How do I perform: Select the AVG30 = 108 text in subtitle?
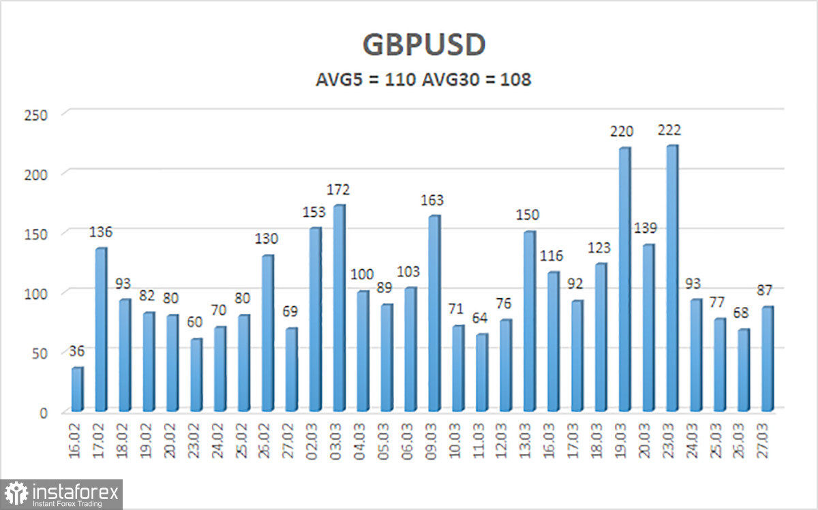(x=477, y=80)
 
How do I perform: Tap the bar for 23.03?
(x=671, y=279)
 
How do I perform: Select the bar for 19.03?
(x=624, y=280)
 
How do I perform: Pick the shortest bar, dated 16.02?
(x=78, y=389)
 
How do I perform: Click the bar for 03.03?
(x=339, y=308)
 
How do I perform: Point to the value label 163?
(x=433, y=200)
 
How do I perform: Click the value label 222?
(x=669, y=130)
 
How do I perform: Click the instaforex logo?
(x=61, y=494)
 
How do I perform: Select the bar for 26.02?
(x=268, y=334)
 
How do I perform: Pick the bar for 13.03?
(x=530, y=321)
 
